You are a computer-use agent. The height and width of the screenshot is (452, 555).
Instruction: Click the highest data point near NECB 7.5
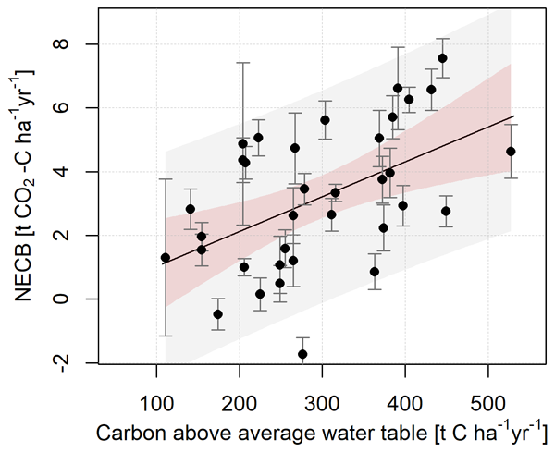coord(442,58)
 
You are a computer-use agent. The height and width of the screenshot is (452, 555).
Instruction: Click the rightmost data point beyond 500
coord(511,152)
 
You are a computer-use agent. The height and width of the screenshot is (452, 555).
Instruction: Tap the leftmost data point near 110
coord(166,258)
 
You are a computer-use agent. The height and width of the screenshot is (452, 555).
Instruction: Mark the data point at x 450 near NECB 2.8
coord(446,211)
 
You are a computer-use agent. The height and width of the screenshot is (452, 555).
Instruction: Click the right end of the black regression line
coord(512,116)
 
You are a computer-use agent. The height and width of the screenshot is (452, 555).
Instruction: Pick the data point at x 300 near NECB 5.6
coord(325,120)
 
